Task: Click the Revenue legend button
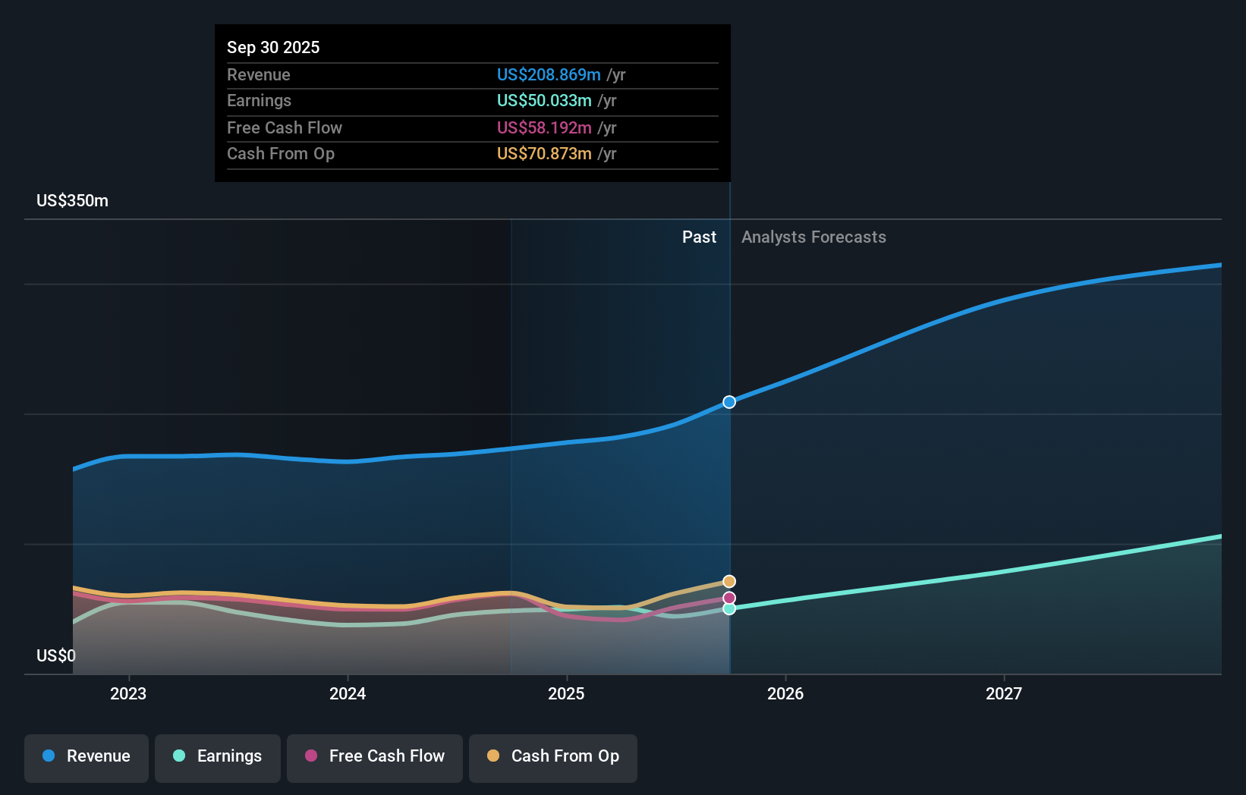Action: [x=87, y=756]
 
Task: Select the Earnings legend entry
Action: [x=218, y=756]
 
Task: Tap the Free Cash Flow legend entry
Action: [x=375, y=756]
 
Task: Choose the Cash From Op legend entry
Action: [x=553, y=756]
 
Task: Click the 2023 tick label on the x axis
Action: [x=128, y=693]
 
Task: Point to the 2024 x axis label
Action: [x=348, y=693]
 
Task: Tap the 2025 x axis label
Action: [x=566, y=693]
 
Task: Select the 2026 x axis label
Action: [x=785, y=693]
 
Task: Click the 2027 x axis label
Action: [x=1004, y=693]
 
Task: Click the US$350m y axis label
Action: [x=73, y=201]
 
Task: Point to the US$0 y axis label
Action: [x=56, y=655]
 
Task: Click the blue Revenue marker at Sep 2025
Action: [x=729, y=402]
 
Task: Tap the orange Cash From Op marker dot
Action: [x=729, y=582]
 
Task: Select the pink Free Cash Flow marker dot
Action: [x=729, y=599]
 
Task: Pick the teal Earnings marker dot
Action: [x=729, y=608]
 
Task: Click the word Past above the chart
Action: [x=699, y=237]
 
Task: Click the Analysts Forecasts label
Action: [x=813, y=237]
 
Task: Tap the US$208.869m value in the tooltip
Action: [x=549, y=75]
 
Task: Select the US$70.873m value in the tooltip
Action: [x=544, y=154]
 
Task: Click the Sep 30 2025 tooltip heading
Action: [x=273, y=47]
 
